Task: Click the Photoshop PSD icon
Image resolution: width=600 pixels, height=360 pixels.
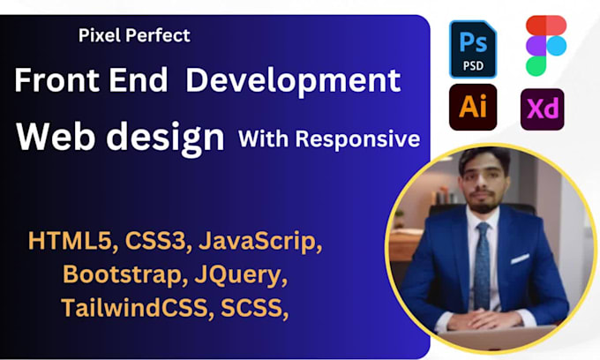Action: (472, 49)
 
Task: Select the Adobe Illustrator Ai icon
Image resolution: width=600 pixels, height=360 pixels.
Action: (472, 109)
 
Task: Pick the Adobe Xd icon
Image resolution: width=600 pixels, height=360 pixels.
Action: (542, 110)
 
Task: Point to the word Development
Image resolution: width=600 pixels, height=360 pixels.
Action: (294, 81)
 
